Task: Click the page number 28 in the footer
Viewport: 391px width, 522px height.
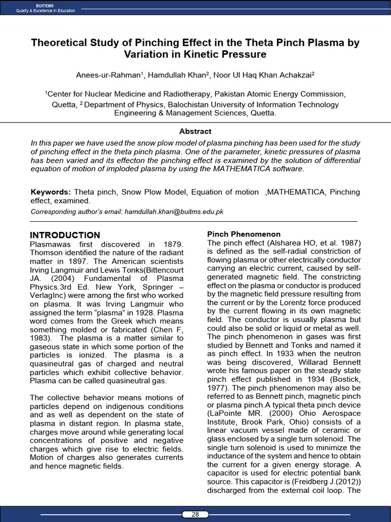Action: click(x=195, y=514)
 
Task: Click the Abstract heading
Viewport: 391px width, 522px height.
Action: click(x=195, y=131)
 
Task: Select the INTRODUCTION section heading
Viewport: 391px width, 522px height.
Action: click(x=65, y=235)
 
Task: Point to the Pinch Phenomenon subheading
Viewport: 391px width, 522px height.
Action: click(x=243, y=234)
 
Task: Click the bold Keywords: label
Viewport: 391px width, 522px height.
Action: click(x=50, y=192)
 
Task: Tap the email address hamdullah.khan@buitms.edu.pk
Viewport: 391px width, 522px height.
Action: click(x=174, y=212)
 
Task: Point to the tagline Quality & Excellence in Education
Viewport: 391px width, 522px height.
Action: click(x=45, y=11)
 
